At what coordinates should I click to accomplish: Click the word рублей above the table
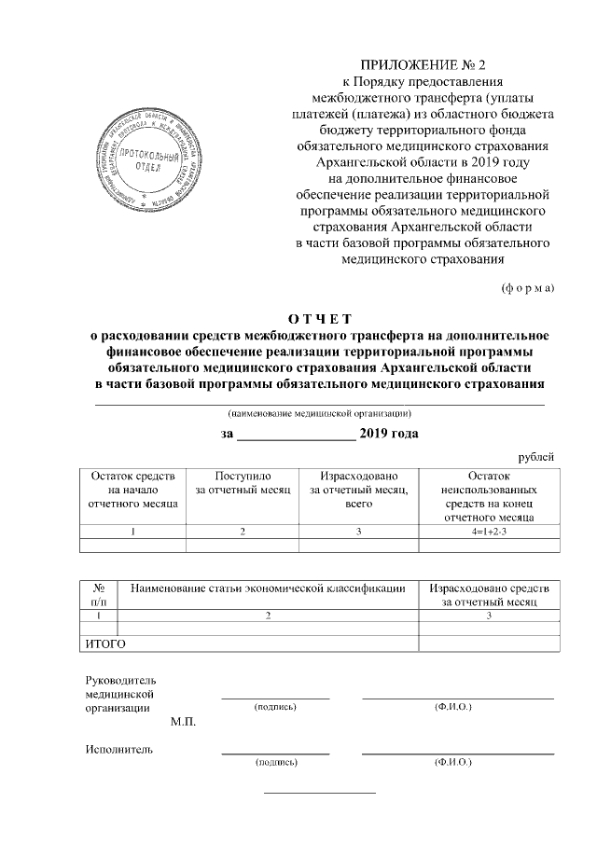point(535,456)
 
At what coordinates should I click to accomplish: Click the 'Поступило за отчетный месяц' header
point(242,482)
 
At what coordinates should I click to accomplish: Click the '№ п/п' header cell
point(99,595)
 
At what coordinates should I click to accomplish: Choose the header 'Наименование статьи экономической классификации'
point(268,588)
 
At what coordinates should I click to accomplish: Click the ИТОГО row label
point(105,643)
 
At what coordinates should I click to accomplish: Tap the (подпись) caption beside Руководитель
point(275,708)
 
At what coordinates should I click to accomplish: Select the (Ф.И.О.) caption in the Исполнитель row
point(453,763)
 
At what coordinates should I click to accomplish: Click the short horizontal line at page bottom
point(319,793)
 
